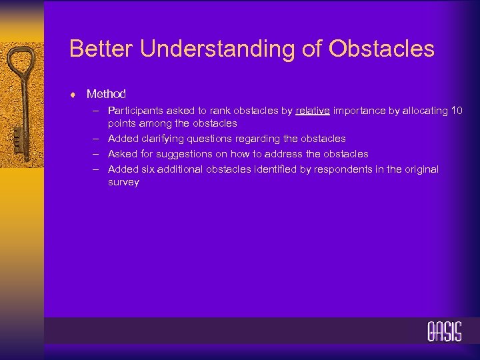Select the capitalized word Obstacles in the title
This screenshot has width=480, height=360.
pos(387,49)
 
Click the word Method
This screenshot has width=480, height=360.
pos(106,94)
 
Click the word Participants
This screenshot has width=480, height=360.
pos(136,111)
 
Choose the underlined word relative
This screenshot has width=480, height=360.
pos(312,111)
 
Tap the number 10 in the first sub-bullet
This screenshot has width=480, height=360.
pos(456,111)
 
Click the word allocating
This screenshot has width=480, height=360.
pos(425,111)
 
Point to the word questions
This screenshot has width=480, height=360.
pos(211,139)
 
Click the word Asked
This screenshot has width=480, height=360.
pos(123,154)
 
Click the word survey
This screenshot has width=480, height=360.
pos(123,182)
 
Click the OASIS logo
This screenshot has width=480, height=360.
pos(444,331)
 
